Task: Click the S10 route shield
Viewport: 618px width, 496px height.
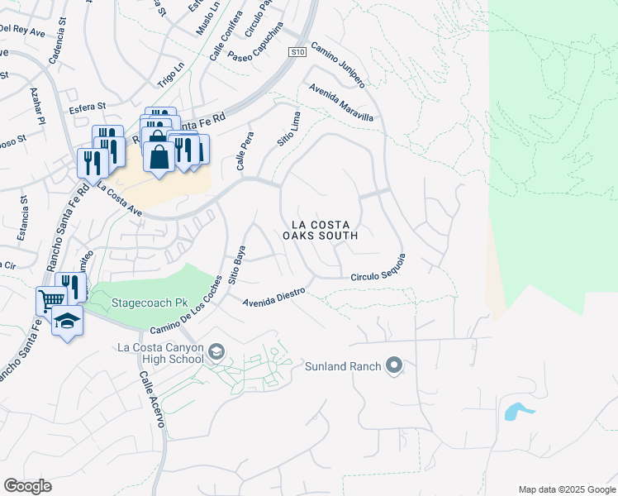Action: point(298,52)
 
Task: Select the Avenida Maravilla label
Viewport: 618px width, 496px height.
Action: point(340,103)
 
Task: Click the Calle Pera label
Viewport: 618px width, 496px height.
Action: point(243,155)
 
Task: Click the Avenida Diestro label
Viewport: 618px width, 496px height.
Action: point(274,297)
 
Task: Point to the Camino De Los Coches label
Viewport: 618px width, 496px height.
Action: point(186,305)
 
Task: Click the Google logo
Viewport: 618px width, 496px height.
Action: point(27,486)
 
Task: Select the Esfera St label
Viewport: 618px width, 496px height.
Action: point(88,106)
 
